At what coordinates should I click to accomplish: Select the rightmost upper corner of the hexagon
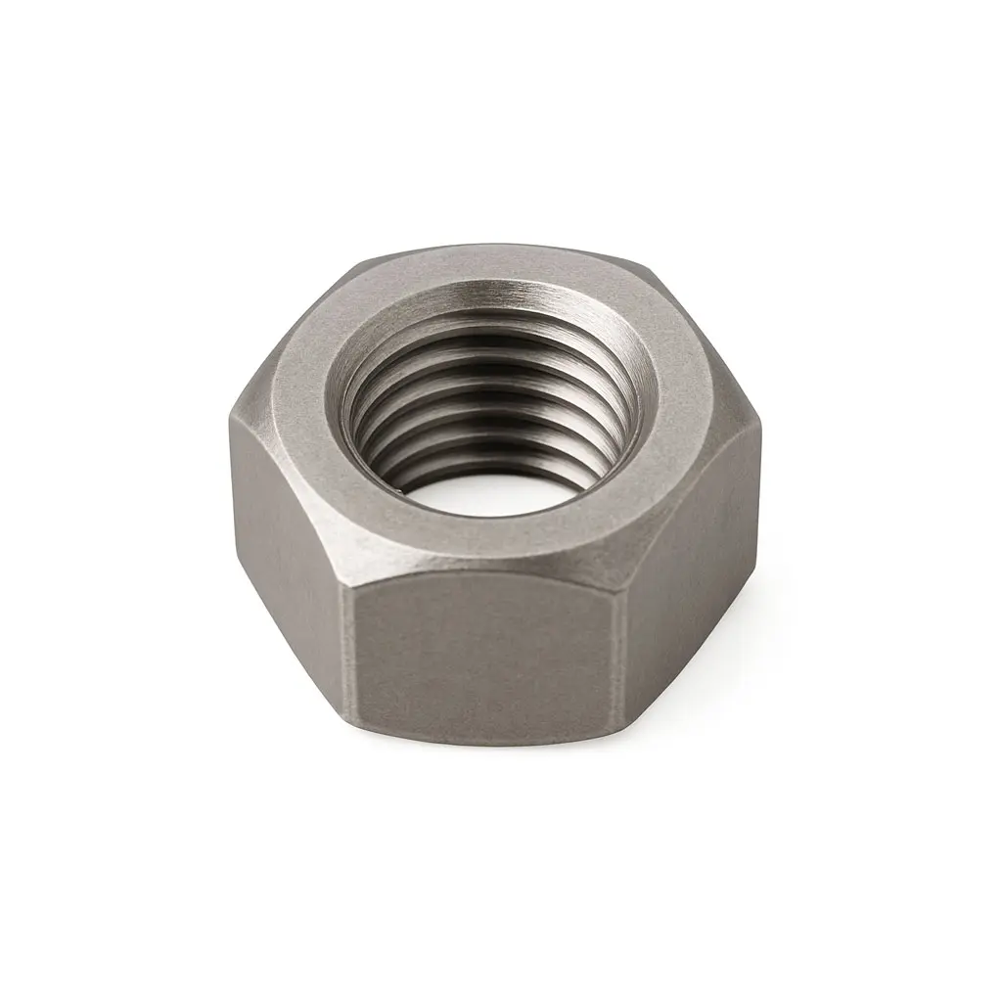tap(758, 431)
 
